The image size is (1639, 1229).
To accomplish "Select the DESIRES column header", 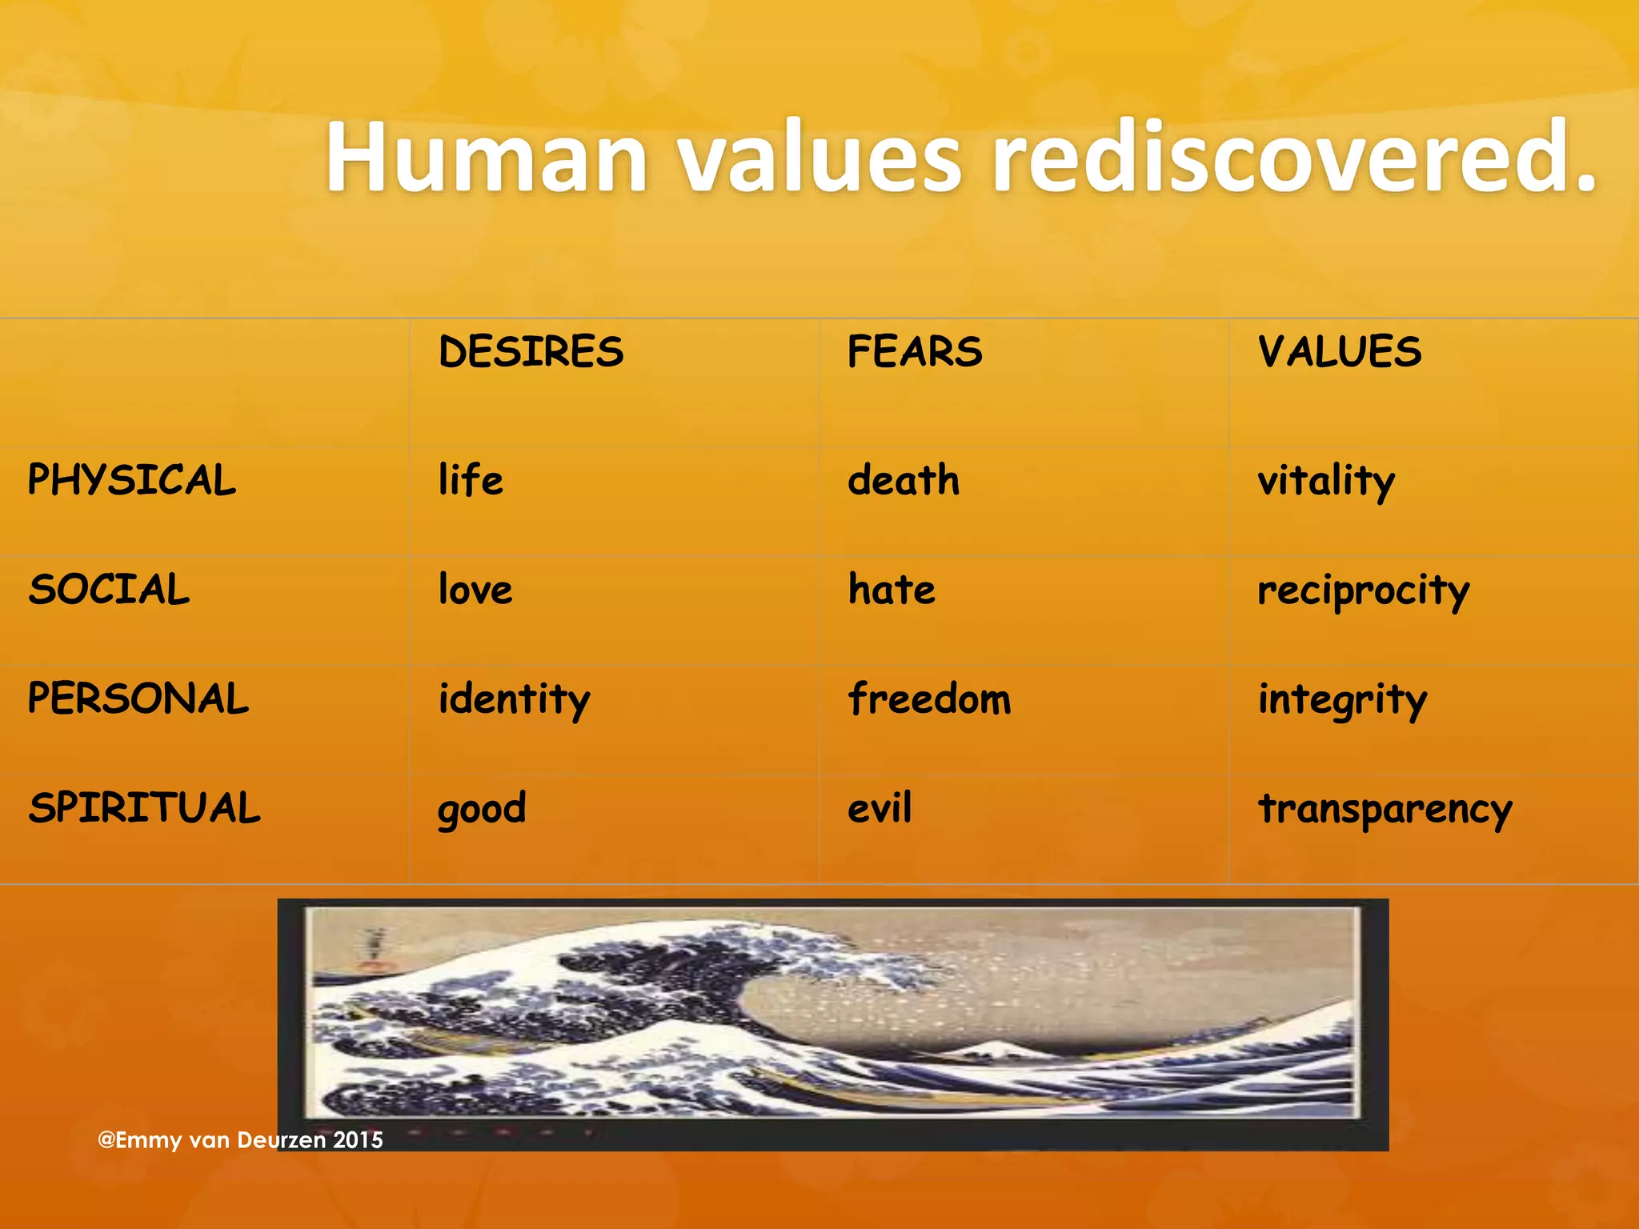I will click(x=531, y=352).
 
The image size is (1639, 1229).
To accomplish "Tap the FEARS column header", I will click(x=915, y=352).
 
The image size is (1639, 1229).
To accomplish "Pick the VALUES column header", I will click(x=1340, y=352).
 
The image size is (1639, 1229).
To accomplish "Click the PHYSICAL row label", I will click(x=132, y=480).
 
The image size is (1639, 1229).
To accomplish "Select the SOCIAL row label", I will click(x=110, y=590).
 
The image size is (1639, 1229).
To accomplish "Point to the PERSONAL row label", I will click(x=138, y=699).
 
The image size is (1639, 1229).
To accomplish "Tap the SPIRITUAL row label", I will click(x=145, y=807).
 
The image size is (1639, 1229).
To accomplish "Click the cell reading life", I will click(x=471, y=480).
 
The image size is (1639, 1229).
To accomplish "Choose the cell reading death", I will click(x=904, y=480).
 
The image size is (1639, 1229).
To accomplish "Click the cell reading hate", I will click(x=892, y=590).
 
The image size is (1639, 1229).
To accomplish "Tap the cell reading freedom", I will click(x=929, y=699).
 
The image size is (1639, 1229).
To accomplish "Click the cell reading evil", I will click(x=880, y=807).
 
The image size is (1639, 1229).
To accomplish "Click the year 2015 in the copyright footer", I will click(x=358, y=1139).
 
